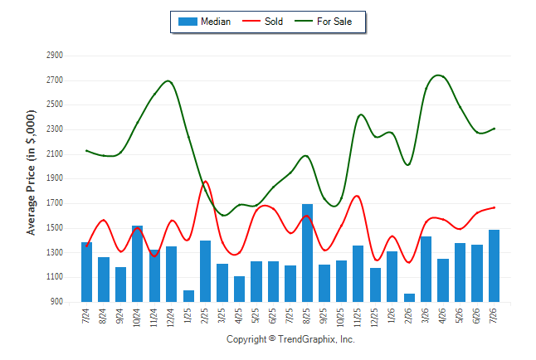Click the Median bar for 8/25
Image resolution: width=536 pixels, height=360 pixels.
pyautogui.click(x=307, y=253)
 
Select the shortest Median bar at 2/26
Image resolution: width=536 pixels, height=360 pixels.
pyautogui.click(x=409, y=298)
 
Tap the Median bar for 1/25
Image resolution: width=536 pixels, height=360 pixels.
pyautogui.click(x=188, y=296)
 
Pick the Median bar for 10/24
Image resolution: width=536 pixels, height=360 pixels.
pyautogui.click(x=138, y=264)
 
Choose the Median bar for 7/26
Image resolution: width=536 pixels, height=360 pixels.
pyautogui.click(x=494, y=266)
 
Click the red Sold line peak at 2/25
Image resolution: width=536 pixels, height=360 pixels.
pyautogui.click(x=205, y=181)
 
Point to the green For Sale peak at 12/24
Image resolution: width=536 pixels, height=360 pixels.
pyautogui.click(x=168, y=80)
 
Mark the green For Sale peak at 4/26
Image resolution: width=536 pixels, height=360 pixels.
pyautogui.click(x=439, y=75)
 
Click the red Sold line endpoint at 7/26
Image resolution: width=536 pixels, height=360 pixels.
pyautogui.click(x=494, y=207)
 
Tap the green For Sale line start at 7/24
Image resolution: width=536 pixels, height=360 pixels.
pyautogui.click(x=86, y=150)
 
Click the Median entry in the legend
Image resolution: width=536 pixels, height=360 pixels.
pyautogui.click(x=204, y=22)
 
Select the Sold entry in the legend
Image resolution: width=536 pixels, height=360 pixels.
pyautogui.click(x=262, y=22)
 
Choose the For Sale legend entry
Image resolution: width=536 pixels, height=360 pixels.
pyautogui.click(x=324, y=22)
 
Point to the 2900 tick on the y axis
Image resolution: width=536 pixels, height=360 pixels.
pyautogui.click(x=55, y=55)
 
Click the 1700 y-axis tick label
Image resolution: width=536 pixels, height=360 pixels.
pyautogui.click(x=55, y=203)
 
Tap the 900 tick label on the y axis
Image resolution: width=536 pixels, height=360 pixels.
pyautogui.click(x=57, y=302)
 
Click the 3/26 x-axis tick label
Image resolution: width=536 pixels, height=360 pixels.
pyautogui.click(x=426, y=315)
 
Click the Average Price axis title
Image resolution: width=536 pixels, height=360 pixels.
pyautogui.click(x=31, y=173)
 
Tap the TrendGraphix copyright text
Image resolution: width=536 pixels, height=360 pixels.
pyautogui.click(x=290, y=339)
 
